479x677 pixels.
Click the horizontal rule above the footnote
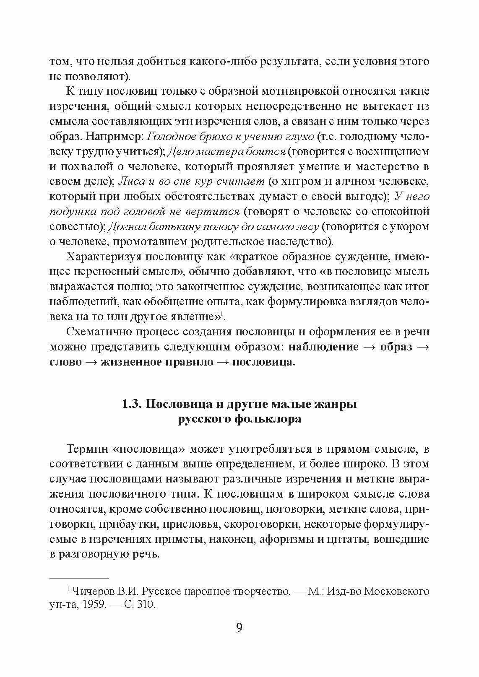tap(79, 578)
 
